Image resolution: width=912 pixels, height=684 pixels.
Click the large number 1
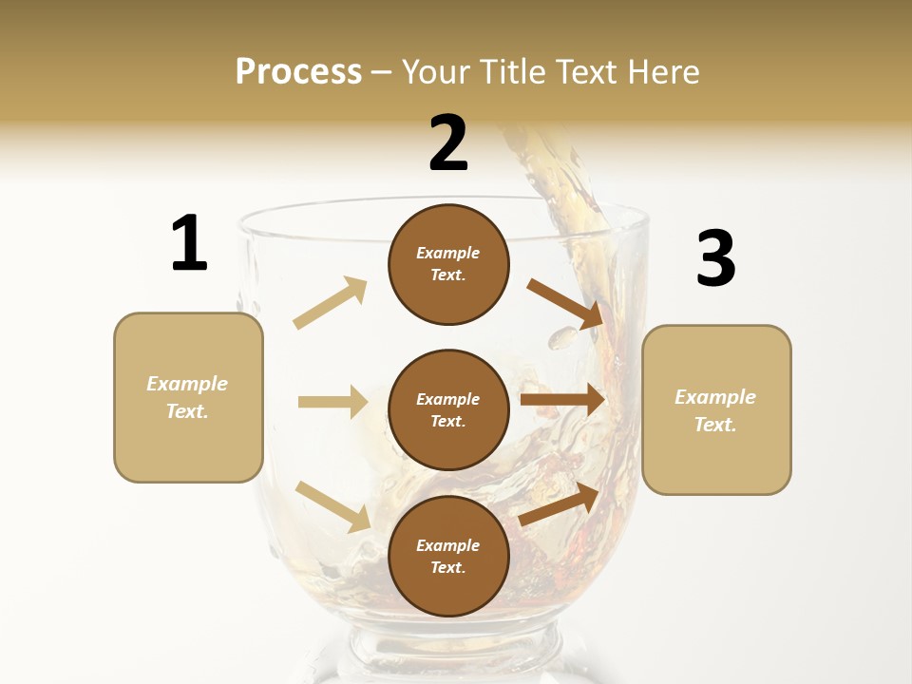point(189,244)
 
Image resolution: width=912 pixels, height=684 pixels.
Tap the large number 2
point(448,143)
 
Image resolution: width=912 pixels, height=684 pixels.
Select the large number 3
point(716,258)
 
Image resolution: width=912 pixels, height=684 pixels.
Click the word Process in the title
point(298,71)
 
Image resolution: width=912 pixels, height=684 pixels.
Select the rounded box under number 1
point(188,397)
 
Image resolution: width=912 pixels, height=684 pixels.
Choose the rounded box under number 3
point(716,409)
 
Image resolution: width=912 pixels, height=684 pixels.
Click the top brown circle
point(448,264)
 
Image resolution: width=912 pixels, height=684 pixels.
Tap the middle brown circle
point(448,409)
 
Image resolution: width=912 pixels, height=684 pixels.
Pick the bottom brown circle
point(448,556)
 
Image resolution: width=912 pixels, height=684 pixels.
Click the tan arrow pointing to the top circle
point(331,303)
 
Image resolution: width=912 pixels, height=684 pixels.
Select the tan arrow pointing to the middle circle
point(332,402)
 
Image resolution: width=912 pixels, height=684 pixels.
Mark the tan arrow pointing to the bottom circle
point(332,506)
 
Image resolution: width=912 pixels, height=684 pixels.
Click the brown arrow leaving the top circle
point(566,303)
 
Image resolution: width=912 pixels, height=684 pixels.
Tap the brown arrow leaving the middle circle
point(562,400)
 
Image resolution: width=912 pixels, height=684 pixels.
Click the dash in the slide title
point(382,72)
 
